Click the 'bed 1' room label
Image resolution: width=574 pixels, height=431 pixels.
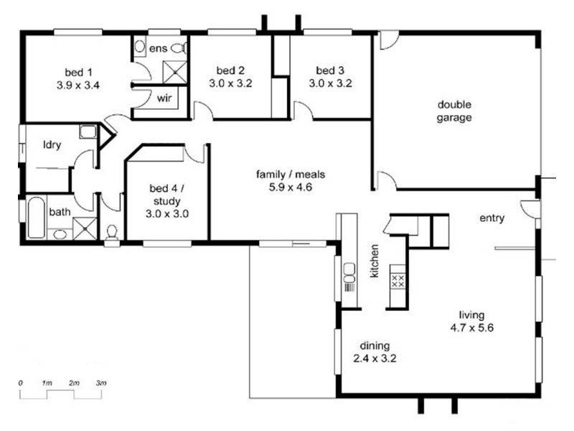[x=78, y=73]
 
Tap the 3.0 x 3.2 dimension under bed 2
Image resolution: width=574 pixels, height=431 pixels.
[x=230, y=83]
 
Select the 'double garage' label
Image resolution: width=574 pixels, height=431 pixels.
[x=454, y=111]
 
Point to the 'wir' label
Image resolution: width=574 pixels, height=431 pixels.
[x=164, y=98]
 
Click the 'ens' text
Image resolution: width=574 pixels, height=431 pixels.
[x=158, y=48]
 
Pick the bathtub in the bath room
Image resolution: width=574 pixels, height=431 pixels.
[x=36, y=218]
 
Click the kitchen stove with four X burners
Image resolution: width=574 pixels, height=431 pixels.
[x=398, y=281]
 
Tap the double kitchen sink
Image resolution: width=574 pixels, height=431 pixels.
[x=349, y=273]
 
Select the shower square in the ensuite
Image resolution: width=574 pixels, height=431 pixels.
[x=174, y=73]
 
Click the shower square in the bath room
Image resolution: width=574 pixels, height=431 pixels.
[x=85, y=228]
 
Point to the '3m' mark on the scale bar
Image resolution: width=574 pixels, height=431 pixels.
[x=101, y=384]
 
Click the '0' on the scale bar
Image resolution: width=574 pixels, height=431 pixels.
[x=21, y=384]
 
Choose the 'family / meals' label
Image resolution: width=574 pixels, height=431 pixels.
[x=291, y=174]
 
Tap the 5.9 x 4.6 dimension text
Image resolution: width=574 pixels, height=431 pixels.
[x=291, y=187]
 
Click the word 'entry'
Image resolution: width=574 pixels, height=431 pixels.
[x=492, y=218]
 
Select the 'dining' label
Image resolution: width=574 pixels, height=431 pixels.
[x=375, y=346]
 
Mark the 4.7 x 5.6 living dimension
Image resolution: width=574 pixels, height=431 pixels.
[x=472, y=328]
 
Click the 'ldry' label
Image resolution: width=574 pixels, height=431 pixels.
[x=52, y=145]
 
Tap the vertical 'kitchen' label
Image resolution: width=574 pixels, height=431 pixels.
[x=375, y=261]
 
